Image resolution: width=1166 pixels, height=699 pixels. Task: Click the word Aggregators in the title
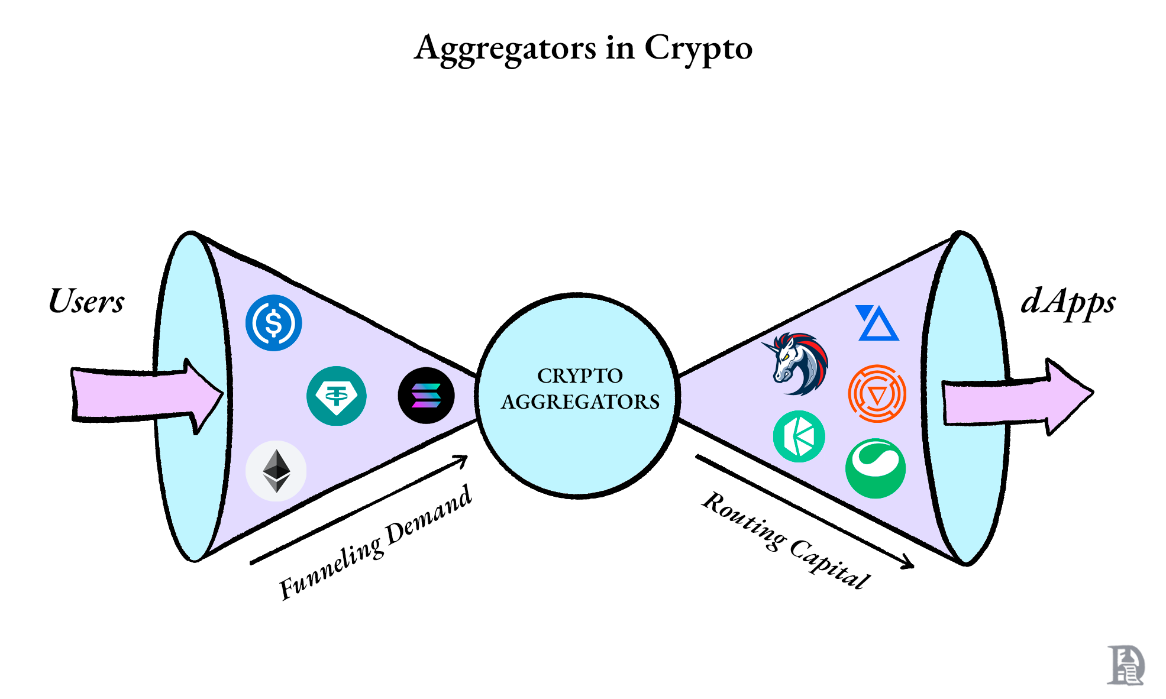[x=505, y=48]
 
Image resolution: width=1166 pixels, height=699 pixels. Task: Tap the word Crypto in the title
[x=698, y=48]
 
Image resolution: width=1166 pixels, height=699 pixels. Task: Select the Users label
[x=86, y=301]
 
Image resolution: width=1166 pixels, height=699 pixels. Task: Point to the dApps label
[x=1068, y=302]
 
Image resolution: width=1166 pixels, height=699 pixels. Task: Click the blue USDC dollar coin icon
[x=273, y=323]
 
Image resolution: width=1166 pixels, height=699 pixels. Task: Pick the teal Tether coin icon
[x=336, y=396]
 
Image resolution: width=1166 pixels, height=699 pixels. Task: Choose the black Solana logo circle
[x=426, y=396]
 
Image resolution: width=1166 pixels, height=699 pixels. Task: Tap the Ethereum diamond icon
[x=276, y=471]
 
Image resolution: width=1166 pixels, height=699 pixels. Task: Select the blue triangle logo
[x=877, y=323]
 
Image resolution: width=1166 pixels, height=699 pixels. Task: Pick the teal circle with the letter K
[x=799, y=436]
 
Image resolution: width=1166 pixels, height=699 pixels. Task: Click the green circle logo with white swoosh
[x=876, y=468]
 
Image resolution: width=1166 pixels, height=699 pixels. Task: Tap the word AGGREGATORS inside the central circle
[x=580, y=402]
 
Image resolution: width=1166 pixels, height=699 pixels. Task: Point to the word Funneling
[x=331, y=568]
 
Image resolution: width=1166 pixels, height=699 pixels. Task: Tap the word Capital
[x=829, y=565]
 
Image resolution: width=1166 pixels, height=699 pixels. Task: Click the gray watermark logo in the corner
[x=1125, y=665]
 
